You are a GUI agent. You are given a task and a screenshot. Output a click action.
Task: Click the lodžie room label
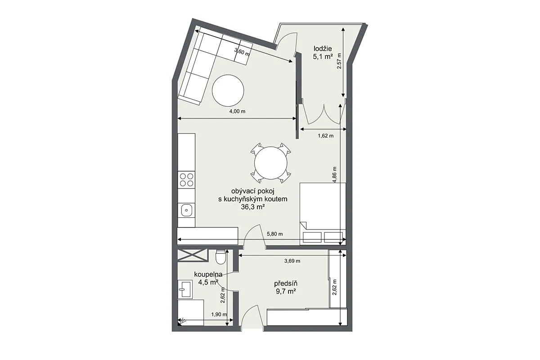tap(323, 49)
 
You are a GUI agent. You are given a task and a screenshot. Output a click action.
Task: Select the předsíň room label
tap(286, 283)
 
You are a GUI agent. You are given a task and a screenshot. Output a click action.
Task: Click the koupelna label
tap(208, 274)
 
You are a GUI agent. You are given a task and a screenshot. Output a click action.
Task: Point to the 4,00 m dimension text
tap(237, 111)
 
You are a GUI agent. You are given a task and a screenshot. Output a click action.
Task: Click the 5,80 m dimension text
tap(275, 234)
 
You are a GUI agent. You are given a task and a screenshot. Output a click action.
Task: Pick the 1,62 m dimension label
tap(326, 136)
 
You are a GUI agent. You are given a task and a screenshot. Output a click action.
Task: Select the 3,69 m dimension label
tap(292, 261)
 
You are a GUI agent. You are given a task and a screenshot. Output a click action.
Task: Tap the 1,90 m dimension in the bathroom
tap(219, 315)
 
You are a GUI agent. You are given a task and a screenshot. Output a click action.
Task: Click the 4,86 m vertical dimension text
tap(334, 175)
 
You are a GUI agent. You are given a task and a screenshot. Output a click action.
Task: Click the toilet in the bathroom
tap(220, 257)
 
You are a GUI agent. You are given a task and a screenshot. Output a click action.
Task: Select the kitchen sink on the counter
tap(186, 211)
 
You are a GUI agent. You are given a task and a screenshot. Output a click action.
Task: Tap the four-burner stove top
tap(186, 180)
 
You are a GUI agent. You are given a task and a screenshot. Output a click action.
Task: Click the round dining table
tap(271, 163)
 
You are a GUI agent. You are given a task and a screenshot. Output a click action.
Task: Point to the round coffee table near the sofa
tap(228, 90)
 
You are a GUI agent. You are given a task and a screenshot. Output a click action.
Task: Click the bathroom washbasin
tap(185, 289)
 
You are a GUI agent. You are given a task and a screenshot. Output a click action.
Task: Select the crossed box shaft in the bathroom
tap(193, 255)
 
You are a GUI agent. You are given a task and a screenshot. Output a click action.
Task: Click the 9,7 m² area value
tap(286, 291)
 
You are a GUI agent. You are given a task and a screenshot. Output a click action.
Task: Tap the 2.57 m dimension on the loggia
tap(339, 61)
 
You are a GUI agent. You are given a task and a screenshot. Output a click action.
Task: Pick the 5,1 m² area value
tap(323, 57)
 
